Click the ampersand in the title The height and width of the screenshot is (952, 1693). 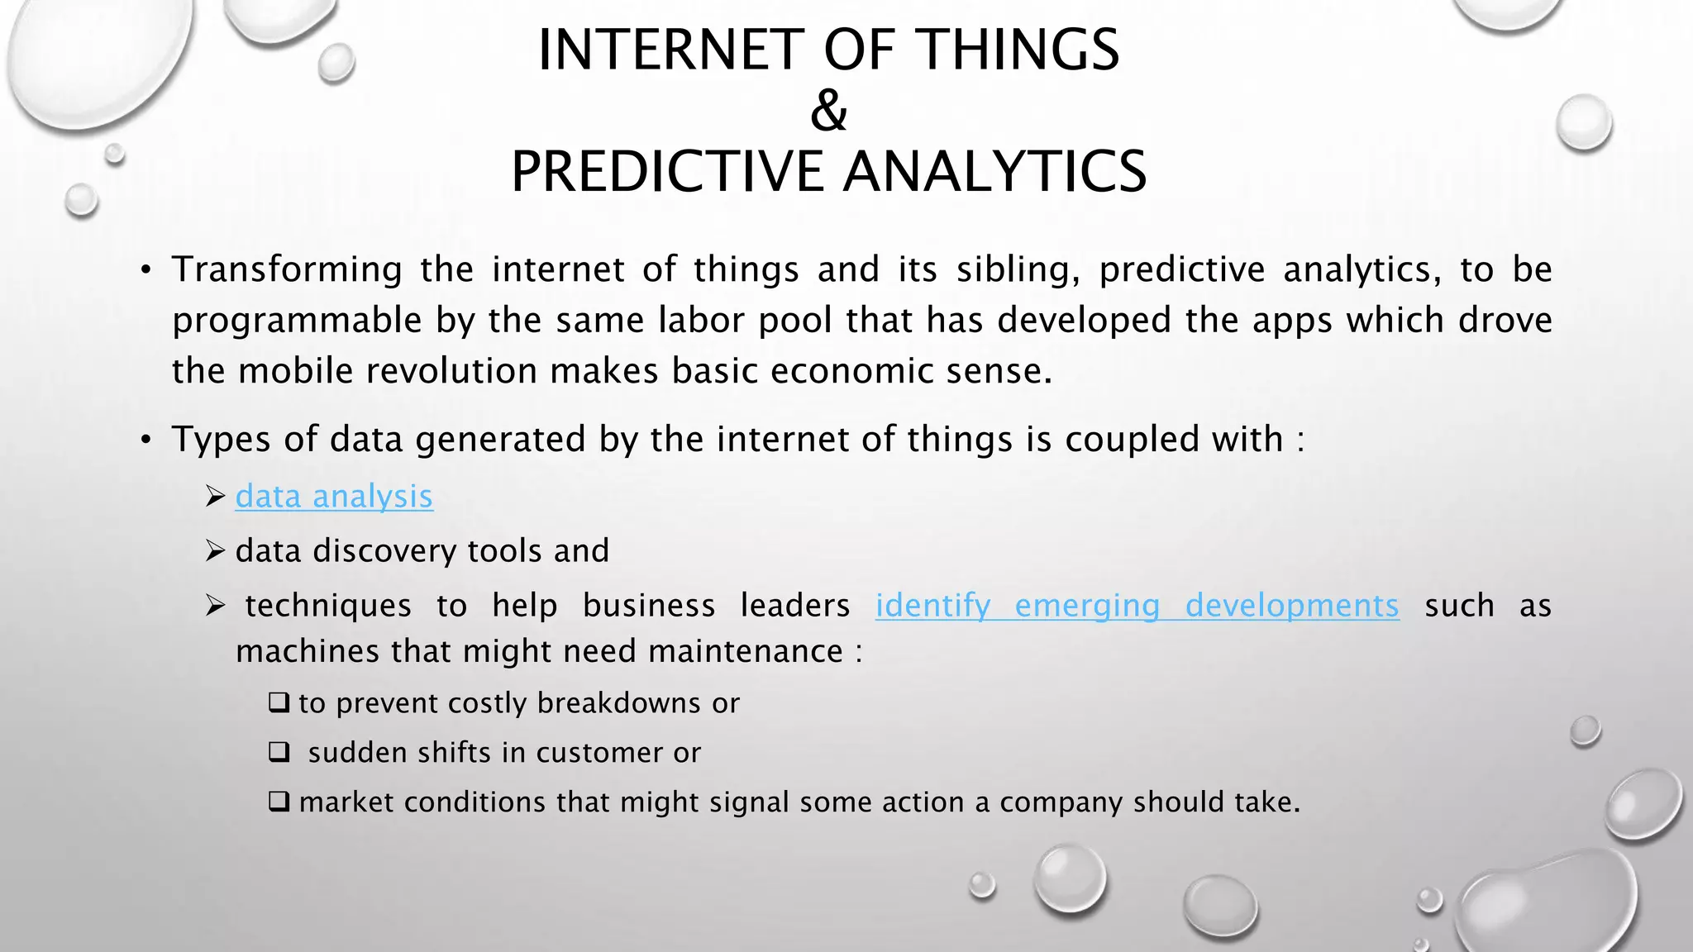tap(828, 111)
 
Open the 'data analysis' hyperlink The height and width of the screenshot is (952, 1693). tap(334, 497)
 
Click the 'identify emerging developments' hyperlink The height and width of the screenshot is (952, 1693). tap(1137, 606)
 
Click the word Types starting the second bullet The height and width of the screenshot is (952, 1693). tap(221, 440)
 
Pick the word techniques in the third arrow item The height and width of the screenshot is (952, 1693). tap(328, 606)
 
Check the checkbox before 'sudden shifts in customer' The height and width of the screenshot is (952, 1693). tap(279, 752)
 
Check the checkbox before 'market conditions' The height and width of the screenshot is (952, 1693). tap(279, 802)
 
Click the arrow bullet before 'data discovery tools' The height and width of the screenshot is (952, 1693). tap(215, 550)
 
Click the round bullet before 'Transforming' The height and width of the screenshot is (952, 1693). tap(145, 271)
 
